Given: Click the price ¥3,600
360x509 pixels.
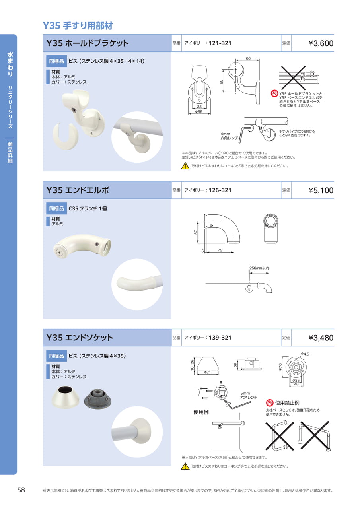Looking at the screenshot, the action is tap(321, 43).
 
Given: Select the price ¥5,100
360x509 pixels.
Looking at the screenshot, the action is tap(321, 190).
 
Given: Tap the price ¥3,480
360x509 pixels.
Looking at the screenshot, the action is tap(321, 338).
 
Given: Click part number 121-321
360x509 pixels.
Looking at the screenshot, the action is tap(220, 43).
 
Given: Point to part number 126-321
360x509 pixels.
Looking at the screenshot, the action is tap(220, 190).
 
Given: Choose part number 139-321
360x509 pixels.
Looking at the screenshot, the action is tap(220, 338).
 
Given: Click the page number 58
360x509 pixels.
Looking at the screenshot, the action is tap(21, 490).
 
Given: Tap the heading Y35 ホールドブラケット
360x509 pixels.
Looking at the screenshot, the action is tap(88, 43).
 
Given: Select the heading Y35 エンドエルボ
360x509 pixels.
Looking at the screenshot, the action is tap(78, 190).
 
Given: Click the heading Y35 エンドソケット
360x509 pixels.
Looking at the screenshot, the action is tap(80, 338).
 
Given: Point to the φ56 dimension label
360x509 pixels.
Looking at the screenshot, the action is tap(198, 112).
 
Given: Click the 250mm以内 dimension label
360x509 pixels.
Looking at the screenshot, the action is tap(259, 268).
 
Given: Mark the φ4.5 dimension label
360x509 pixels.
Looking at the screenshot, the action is tap(305, 354).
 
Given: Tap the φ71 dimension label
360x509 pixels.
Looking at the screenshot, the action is tap(207, 372).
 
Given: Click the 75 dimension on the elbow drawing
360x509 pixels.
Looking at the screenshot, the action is tap(220, 250).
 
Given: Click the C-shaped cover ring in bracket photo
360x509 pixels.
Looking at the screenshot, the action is tap(66, 137).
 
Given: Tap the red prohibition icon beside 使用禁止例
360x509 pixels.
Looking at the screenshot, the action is tap(270, 403).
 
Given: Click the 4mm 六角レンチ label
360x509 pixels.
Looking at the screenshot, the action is tap(229, 136).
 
